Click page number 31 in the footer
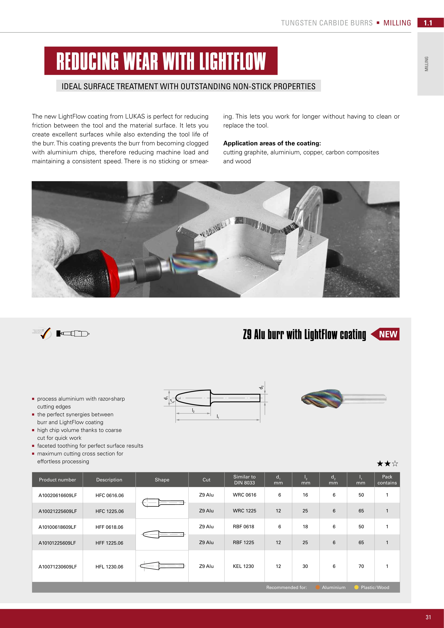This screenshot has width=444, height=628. coord(428,617)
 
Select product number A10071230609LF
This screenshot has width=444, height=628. coord(57,566)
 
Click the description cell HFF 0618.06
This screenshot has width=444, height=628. coord(109,527)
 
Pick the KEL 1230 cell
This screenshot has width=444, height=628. coord(243,566)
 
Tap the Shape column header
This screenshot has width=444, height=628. coord(162,480)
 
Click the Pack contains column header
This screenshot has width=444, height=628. coord(387,480)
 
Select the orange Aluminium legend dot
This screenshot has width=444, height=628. coord(317,587)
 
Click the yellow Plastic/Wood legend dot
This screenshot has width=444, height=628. coord(356,587)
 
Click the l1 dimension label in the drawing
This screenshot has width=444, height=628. coord(218,416)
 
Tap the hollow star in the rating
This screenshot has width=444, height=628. coord(395,464)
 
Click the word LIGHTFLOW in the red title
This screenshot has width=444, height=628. coord(232,61)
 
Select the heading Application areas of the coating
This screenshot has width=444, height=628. coord(272,143)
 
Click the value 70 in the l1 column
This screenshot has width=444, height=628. coord(361,566)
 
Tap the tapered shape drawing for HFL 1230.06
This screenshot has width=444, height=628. coord(162,566)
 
